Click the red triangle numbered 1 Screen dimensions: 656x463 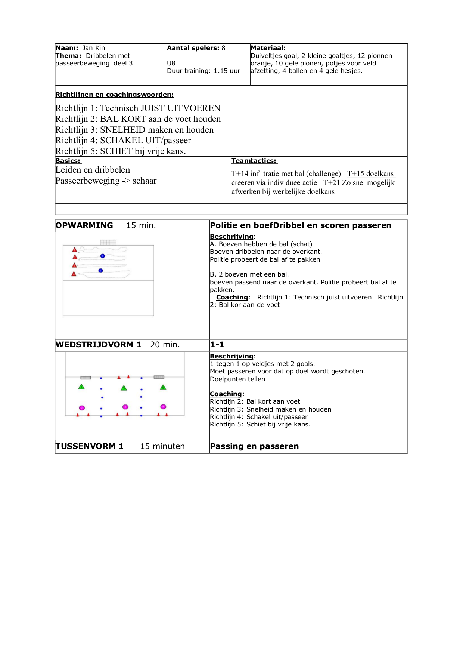[75, 250]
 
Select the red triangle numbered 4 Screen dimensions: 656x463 [74, 274]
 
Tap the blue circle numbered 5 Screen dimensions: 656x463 [103, 256]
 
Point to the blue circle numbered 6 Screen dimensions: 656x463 [100, 271]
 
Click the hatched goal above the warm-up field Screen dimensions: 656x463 [108, 243]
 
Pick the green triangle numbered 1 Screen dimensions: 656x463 [81, 387]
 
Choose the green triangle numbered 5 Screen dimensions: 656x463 [163, 387]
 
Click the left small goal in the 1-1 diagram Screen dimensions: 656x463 [86, 378]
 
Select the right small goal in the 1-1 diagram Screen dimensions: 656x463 [159, 377]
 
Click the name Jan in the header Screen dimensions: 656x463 [87, 48]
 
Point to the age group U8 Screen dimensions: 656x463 [171, 63]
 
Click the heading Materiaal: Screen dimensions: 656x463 [268, 48]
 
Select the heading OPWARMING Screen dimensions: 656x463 [84, 225]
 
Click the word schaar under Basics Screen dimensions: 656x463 [145, 181]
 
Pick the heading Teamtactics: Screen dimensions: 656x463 [254, 161]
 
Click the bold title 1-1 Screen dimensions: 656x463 [217, 345]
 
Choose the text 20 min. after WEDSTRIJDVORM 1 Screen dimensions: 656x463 [165, 345]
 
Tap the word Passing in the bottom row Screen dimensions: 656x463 [227, 446]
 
